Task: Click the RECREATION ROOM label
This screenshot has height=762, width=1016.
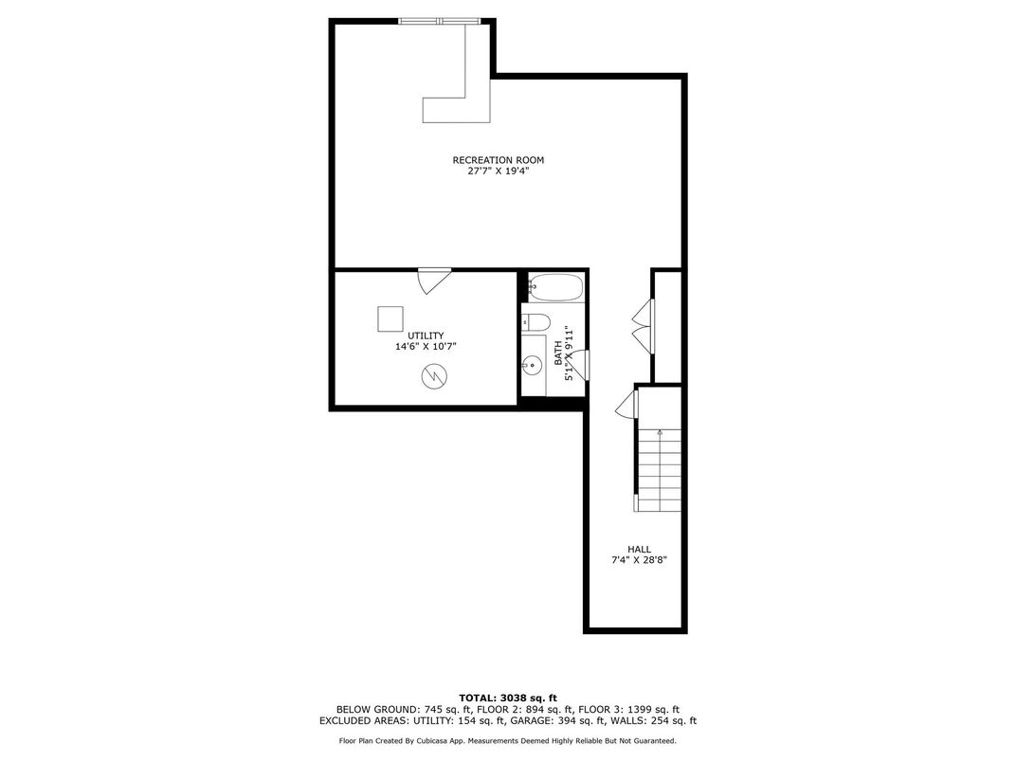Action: tap(498, 160)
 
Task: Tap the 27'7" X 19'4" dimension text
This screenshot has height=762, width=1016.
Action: tap(498, 172)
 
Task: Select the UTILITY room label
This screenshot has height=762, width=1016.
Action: tap(426, 336)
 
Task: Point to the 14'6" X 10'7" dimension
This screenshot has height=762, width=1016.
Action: tap(426, 347)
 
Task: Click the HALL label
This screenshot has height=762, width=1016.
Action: tap(639, 550)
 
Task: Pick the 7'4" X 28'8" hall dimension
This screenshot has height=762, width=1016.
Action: tap(639, 560)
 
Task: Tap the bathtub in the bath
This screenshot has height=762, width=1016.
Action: tap(555, 287)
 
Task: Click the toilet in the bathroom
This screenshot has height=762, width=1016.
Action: tap(535, 321)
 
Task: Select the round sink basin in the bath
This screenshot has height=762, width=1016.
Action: tap(532, 366)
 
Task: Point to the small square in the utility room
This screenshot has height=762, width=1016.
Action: tap(390, 318)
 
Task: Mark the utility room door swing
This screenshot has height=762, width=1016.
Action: tap(433, 281)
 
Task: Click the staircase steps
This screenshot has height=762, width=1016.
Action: tap(660, 470)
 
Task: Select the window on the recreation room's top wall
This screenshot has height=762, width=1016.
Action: tap(440, 22)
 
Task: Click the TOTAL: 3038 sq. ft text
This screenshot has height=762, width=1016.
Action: tap(508, 698)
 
